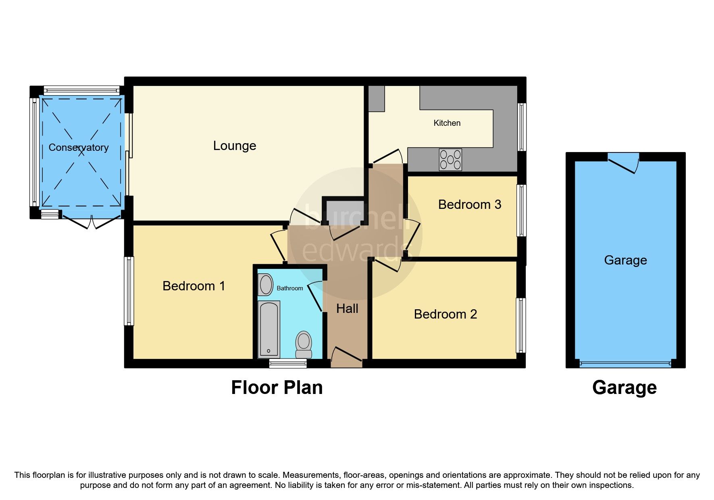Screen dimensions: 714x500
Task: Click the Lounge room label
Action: [235, 146]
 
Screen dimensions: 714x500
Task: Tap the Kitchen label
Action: [447, 123]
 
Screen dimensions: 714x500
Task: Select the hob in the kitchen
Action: [450, 160]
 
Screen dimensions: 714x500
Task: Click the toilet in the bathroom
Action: [304, 345]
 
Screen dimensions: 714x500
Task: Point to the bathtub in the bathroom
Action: [269, 329]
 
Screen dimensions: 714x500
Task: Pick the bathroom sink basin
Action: [266, 285]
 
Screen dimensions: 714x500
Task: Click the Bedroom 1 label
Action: [194, 286]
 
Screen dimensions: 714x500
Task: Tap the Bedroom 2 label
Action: [445, 314]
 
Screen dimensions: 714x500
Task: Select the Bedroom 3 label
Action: [470, 204]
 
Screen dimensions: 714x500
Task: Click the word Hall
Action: [347, 308]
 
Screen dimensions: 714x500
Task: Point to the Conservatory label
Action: [79, 148]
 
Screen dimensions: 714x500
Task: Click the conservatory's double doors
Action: [92, 222]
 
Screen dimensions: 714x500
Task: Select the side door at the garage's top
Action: [623, 163]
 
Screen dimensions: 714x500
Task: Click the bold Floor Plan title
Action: [277, 387]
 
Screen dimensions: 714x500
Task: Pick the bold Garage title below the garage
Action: [624, 387]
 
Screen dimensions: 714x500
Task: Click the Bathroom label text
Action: [290, 288]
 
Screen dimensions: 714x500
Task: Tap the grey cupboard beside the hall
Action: [343, 211]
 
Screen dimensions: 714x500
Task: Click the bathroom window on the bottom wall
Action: [288, 364]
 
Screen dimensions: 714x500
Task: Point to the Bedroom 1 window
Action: [129, 291]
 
